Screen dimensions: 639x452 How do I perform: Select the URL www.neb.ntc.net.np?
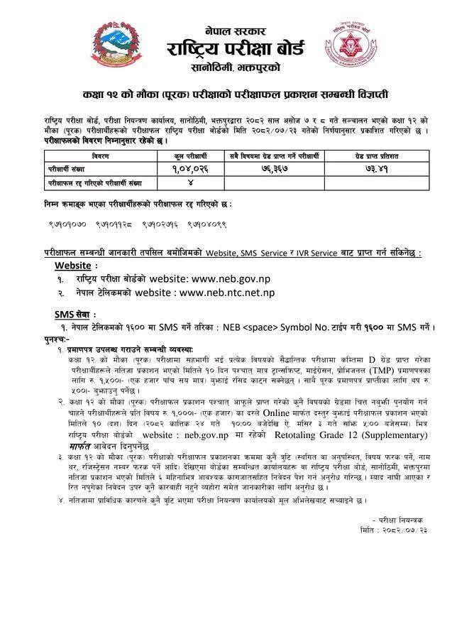(227, 293)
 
